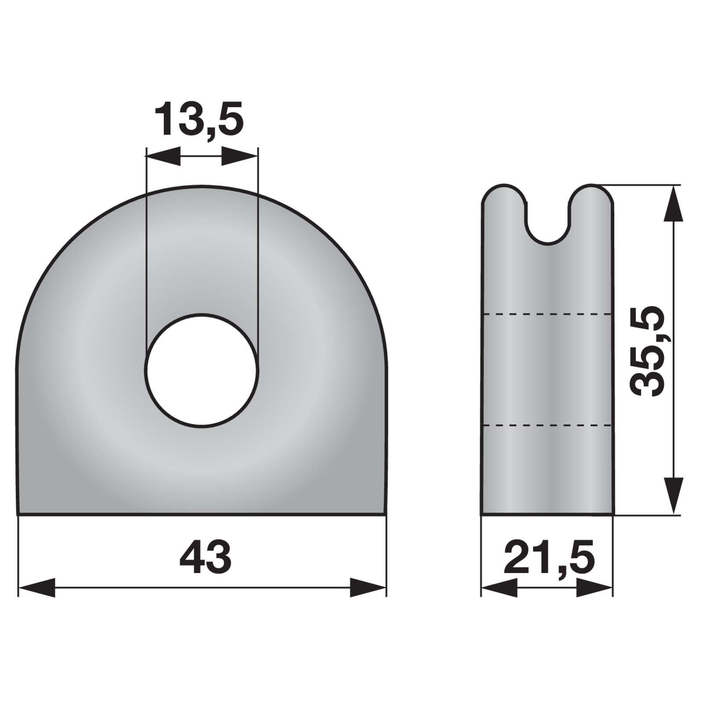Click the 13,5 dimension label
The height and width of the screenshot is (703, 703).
(x=199, y=119)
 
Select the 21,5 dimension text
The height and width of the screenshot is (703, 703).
(x=549, y=558)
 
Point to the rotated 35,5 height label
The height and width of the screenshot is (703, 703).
(x=647, y=350)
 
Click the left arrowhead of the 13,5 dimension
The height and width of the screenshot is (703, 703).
(x=163, y=156)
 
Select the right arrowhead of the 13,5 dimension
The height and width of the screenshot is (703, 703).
(x=239, y=156)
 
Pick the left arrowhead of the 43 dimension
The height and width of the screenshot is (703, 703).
(x=37, y=587)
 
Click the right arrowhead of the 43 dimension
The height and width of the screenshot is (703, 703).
(x=368, y=587)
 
